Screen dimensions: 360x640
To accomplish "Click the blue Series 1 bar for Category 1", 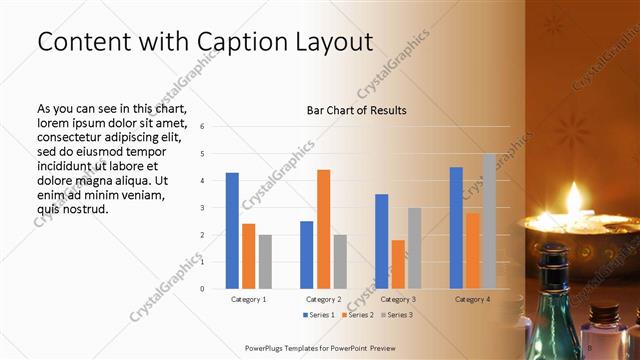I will point(232,230).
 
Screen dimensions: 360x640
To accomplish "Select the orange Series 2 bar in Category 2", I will point(323,229).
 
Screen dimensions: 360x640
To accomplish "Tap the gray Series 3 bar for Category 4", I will point(489,221).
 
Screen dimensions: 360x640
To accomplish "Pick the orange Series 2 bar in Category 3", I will point(398,264).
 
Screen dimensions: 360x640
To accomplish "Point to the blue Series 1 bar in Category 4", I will point(456,227).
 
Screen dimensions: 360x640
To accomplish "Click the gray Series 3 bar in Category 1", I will point(265,261).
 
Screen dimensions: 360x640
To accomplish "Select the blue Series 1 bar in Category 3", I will point(381,241).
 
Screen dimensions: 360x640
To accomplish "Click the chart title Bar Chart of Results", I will point(356,110).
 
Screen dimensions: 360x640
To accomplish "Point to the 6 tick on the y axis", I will point(202,127).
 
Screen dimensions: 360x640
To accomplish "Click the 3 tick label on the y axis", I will point(202,208).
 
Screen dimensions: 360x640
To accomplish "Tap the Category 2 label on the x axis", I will point(323,299).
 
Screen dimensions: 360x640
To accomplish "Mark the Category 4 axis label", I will point(472,299).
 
